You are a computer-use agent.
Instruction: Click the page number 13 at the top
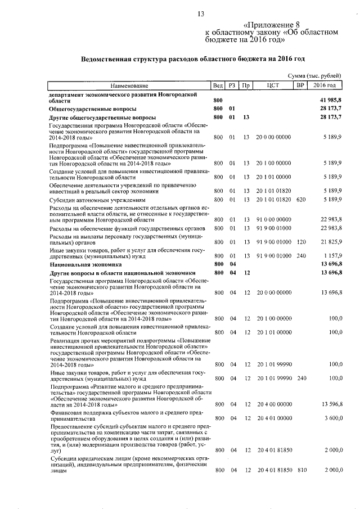click(201, 13)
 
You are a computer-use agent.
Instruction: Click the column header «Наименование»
click(129, 85)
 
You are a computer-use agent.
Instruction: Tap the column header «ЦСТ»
click(273, 85)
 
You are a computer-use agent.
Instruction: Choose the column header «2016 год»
click(326, 85)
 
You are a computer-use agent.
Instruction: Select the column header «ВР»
click(300, 85)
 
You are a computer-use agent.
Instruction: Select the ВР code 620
click(301, 200)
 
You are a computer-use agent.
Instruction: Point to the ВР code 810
click(301, 470)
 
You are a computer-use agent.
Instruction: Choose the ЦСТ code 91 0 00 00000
click(273, 219)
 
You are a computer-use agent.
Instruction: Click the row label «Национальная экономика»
click(85, 263)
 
